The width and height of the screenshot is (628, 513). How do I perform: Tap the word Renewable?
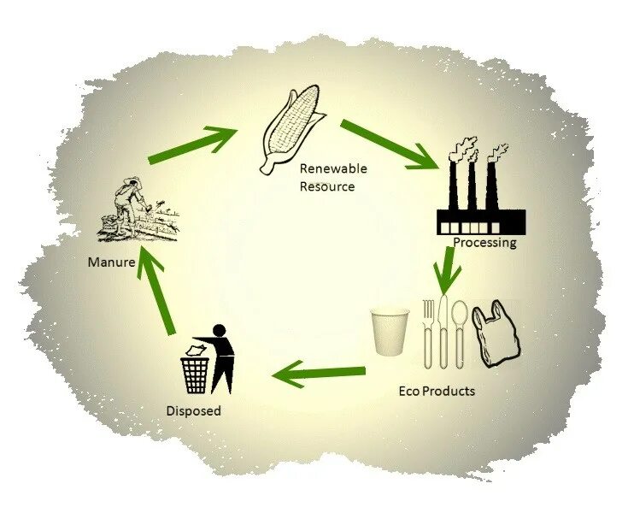click(x=332, y=169)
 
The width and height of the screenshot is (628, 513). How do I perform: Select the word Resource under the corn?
click(x=326, y=186)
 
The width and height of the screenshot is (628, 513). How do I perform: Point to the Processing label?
click(x=484, y=243)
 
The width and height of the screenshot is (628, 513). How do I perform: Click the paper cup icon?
click(x=390, y=332)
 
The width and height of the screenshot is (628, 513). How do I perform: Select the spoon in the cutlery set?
click(x=461, y=329)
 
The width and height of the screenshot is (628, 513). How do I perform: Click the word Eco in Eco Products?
click(x=410, y=392)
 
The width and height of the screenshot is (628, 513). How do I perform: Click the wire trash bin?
click(x=195, y=374)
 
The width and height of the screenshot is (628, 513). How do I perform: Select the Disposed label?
click(x=193, y=411)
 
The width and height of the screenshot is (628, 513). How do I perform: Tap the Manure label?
click(x=111, y=262)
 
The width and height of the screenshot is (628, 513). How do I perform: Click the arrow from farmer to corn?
click(x=193, y=144)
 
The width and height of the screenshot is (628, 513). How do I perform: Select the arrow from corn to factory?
click(x=390, y=144)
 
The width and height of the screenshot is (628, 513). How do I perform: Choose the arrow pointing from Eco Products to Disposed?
click(x=320, y=373)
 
